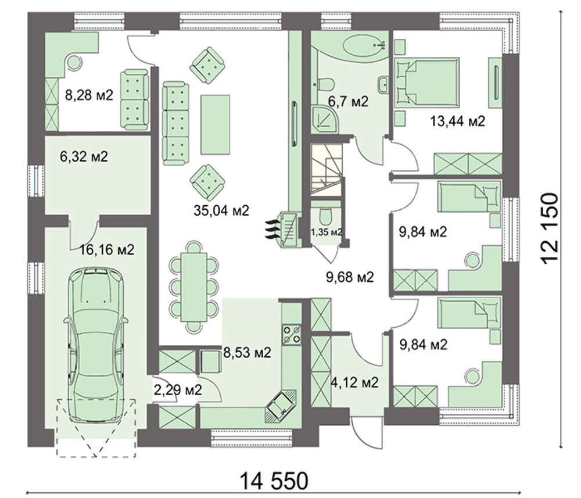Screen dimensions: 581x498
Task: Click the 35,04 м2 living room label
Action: pyautogui.click(x=221, y=210)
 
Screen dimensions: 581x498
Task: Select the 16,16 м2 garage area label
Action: pyautogui.click(x=107, y=250)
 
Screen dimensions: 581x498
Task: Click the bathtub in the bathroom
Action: pyautogui.click(x=365, y=46)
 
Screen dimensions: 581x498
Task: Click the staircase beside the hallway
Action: pyautogui.click(x=327, y=169)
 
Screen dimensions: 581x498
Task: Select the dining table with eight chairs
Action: pyautogui.click(x=194, y=287)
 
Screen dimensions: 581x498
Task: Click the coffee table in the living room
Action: pyautogui.click(x=216, y=124)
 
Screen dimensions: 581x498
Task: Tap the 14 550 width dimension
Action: pyautogui.click(x=274, y=481)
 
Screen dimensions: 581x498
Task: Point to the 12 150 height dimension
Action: pyautogui.click(x=550, y=228)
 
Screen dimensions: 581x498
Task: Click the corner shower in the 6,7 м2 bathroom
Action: pyautogui.click(x=325, y=118)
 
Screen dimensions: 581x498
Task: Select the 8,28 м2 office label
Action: pyautogui.click(x=89, y=95)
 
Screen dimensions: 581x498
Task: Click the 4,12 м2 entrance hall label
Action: pyautogui.click(x=354, y=382)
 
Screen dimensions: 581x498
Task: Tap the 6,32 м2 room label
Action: pyautogui.click(x=84, y=156)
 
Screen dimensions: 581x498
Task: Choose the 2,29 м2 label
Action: pyautogui.click(x=177, y=390)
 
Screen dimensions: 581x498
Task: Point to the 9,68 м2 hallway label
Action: pyautogui.click(x=350, y=277)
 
